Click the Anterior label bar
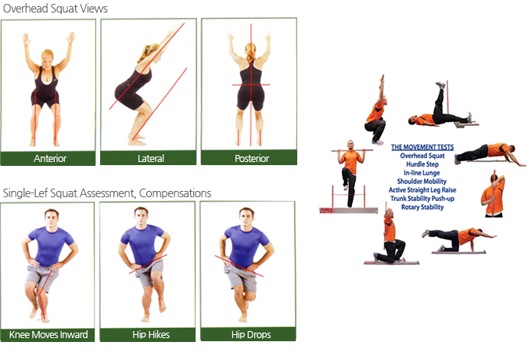(x=48, y=158)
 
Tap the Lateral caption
(x=150, y=158)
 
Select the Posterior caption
(x=252, y=158)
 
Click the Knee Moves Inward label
(x=48, y=335)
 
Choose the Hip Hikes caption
(x=151, y=335)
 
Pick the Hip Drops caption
(x=251, y=335)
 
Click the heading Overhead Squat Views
(x=56, y=9)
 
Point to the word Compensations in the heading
(x=175, y=193)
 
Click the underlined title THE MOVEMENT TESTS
(x=422, y=147)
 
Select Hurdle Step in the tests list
(x=422, y=164)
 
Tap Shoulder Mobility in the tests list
(x=422, y=182)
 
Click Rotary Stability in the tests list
(x=422, y=207)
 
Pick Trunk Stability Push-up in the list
(x=422, y=199)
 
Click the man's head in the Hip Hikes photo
(x=141, y=215)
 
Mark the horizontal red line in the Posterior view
(x=251, y=85)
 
